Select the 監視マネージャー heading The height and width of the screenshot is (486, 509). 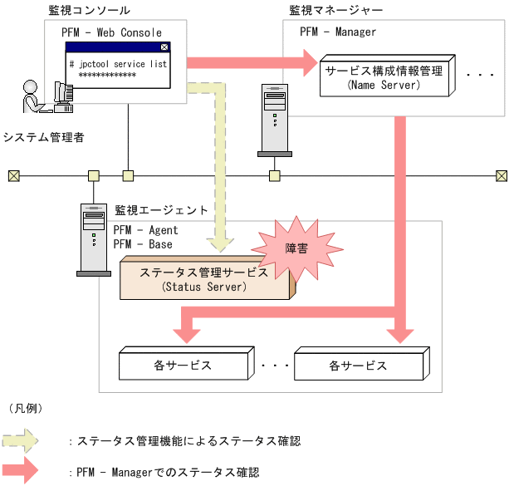(x=335, y=11)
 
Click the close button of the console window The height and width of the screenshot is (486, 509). (x=164, y=48)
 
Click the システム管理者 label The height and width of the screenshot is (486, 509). (x=43, y=137)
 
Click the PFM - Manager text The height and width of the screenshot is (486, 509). (x=338, y=32)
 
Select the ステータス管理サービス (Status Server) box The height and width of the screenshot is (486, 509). (x=205, y=278)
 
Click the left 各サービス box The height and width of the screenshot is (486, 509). (x=183, y=365)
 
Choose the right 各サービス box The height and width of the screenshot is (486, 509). (x=359, y=365)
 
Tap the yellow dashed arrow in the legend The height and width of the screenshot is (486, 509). (x=21, y=441)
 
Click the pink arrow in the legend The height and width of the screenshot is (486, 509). (x=21, y=470)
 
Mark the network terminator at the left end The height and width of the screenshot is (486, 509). (x=13, y=175)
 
